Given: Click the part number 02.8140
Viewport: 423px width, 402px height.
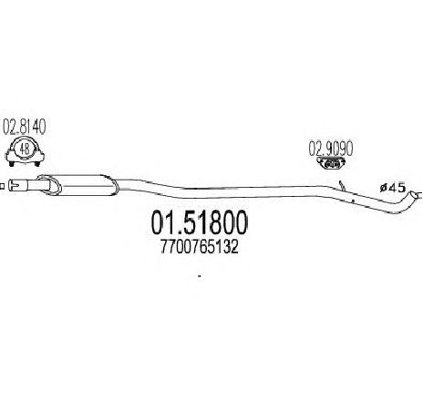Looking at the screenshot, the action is tap(25, 128).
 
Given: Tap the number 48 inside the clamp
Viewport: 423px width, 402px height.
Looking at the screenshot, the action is tap(25, 149).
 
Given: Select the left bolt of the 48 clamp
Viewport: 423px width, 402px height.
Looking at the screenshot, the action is tap(12, 164).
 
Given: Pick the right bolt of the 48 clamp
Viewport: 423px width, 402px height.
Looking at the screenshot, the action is tap(37, 164).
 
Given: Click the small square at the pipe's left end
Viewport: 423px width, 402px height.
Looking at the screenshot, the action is tap(2, 186).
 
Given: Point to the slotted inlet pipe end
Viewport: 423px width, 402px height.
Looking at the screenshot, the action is tap(17, 185).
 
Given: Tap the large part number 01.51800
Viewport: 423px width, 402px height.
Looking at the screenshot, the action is tap(200, 222).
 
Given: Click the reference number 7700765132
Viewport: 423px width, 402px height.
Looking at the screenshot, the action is tap(199, 247).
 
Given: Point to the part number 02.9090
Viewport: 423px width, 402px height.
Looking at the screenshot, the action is tap(331, 149).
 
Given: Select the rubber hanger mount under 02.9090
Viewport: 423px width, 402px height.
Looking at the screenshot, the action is tap(331, 163).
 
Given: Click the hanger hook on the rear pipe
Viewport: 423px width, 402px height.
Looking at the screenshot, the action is tap(342, 186).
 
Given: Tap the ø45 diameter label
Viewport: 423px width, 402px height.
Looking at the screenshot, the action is tap(393, 188).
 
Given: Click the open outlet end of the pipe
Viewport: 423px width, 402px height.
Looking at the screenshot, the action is tap(414, 195).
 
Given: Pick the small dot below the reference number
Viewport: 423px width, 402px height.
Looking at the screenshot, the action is tap(200, 276).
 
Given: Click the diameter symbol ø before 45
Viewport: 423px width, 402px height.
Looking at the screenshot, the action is tap(383, 189).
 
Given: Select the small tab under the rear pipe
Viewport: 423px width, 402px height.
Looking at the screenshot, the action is tap(352, 201).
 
